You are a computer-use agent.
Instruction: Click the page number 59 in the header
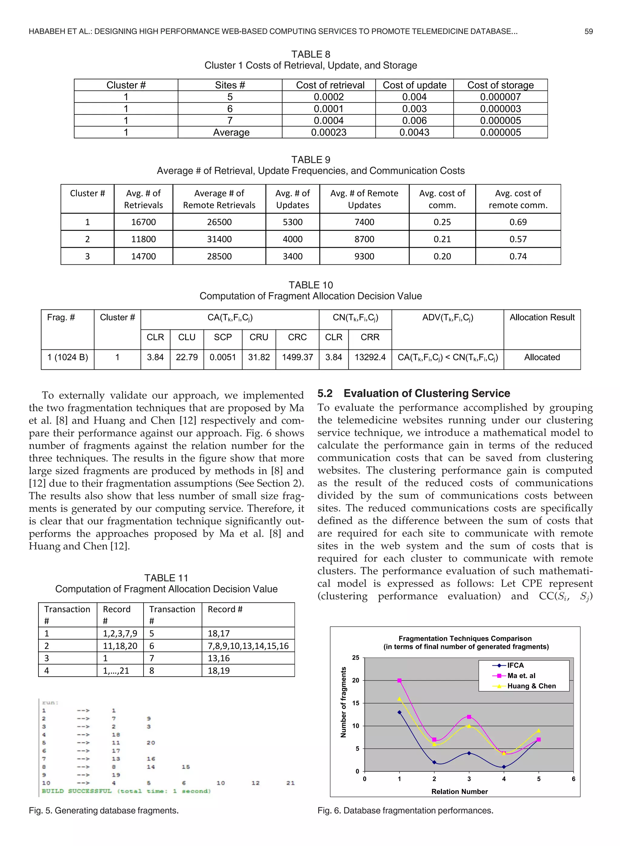pyautogui.click(x=588, y=31)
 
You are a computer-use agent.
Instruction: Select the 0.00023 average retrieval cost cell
pyautogui.click(x=328, y=132)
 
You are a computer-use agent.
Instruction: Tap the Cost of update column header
pyautogui.click(x=414, y=85)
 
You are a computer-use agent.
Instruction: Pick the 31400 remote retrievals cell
pyautogui.click(x=219, y=239)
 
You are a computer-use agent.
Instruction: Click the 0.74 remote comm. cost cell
pyautogui.click(x=518, y=257)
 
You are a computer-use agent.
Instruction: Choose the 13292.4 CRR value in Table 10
pyautogui.click(x=370, y=357)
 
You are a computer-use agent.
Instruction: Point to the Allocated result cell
pyautogui.click(x=542, y=357)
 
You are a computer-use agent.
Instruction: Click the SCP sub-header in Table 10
pyautogui.click(x=223, y=337)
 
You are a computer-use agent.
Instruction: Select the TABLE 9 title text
pyautogui.click(x=310, y=160)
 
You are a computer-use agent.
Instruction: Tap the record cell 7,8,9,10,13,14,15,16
pyautogui.click(x=248, y=646)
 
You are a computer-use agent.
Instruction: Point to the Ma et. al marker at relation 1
pyautogui.click(x=399, y=680)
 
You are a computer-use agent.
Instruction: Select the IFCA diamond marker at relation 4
pyautogui.click(x=504, y=767)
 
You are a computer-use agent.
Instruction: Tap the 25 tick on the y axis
pyautogui.click(x=355, y=658)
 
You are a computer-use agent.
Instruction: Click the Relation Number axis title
pyautogui.click(x=459, y=792)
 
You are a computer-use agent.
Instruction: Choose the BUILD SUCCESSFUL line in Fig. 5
pyautogui.click(x=126, y=791)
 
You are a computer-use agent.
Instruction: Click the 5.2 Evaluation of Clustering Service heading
pyautogui.click(x=414, y=393)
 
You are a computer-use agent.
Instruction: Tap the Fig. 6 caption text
pyautogui.click(x=405, y=811)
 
